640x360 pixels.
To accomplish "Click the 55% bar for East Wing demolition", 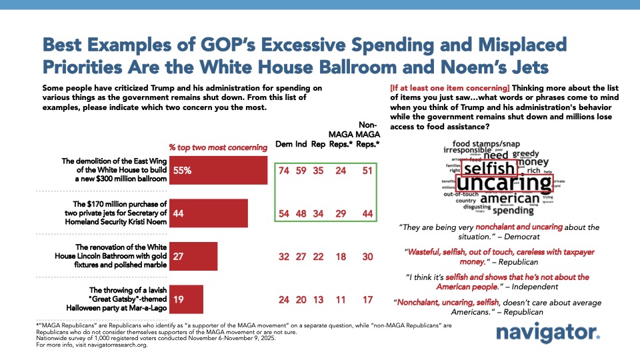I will click(219, 170).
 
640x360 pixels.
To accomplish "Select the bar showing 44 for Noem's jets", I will click(209, 213).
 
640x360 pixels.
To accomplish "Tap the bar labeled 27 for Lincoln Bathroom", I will click(194, 255).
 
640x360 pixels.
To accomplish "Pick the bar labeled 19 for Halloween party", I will click(187, 299).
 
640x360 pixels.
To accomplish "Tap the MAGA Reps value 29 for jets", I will click(341, 213).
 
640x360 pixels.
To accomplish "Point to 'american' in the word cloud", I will click(509, 198).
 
